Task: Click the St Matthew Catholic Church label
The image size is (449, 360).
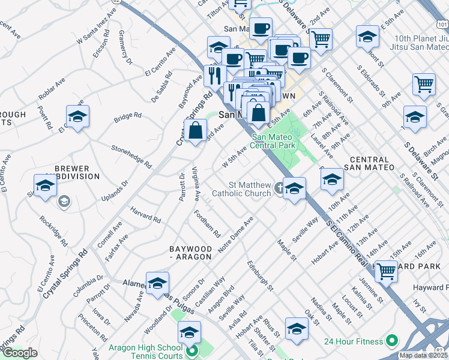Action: click(241, 189)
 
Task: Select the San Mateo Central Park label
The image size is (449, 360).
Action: click(273, 141)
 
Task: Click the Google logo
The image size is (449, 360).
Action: click(20, 353)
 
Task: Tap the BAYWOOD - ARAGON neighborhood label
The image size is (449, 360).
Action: click(190, 253)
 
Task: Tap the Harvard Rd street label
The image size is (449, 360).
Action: click(146, 215)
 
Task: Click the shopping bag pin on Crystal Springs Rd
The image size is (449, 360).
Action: click(196, 130)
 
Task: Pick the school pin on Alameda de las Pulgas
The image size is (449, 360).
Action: click(157, 284)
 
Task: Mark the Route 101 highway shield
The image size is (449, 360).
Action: click(441, 25)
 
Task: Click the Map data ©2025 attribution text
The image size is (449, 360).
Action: click(423, 355)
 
